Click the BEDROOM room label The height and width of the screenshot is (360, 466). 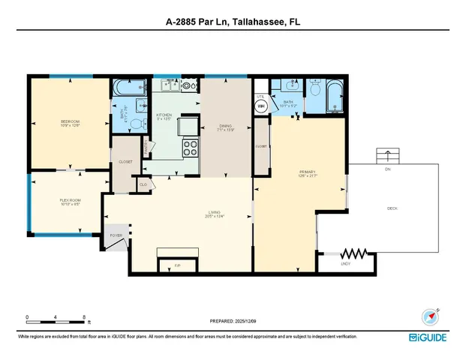pos(71,121)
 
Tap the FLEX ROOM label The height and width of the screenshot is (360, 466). pos(71,200)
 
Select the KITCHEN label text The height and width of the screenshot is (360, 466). pos(164,115)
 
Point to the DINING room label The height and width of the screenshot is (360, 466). pos(225,126)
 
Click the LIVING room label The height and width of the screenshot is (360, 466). pos(215,214)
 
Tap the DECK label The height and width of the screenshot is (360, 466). pos(391,208)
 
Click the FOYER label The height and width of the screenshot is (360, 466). pos(116,235)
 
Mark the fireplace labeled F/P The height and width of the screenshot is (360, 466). pos(178,265)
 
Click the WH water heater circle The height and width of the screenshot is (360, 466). pos(262,106)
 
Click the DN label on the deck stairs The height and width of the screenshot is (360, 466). pos(387,169)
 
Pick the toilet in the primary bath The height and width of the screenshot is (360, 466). pos(316,92)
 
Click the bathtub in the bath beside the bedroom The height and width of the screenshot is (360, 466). pos(120,91)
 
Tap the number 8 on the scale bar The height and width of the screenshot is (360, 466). pos(84,316)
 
